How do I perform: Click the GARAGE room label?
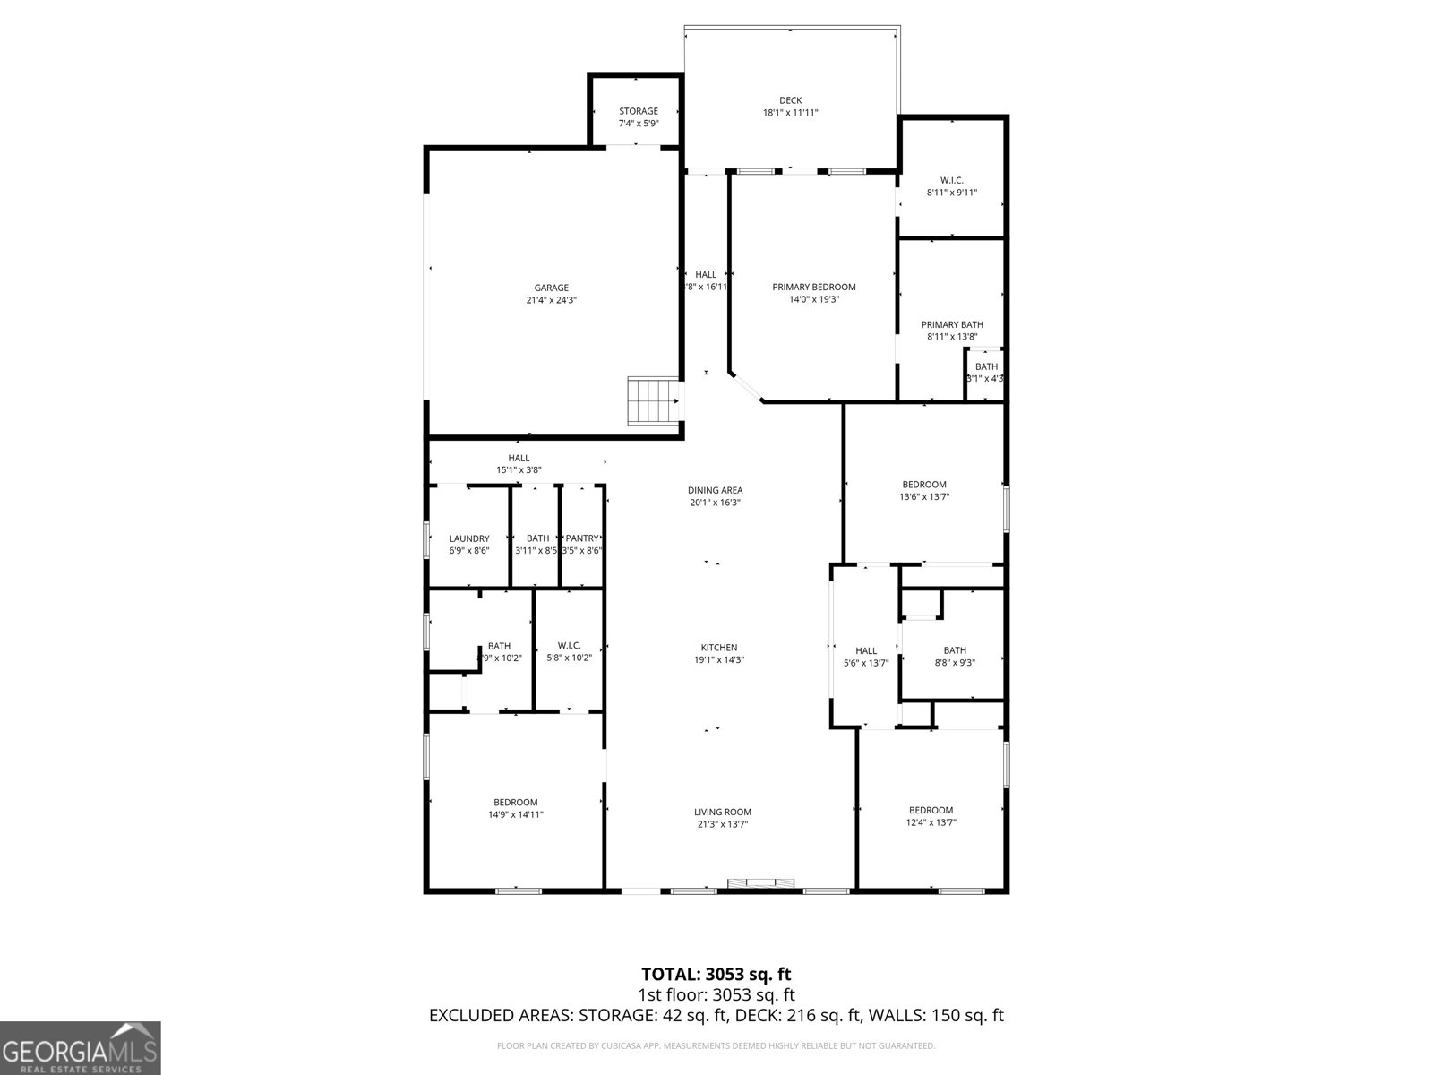pyautogui.click(x=551, y=288)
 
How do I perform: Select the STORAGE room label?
pyautogui.click(x=638, y=111)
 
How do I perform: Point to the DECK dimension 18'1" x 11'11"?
pyautogui.click(x=790, y=113)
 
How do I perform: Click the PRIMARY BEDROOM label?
pyautogui.click(x=813, y=288)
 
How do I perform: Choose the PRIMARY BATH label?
pyautogui.click(x=952, y=325)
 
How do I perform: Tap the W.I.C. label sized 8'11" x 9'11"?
pyautogui.click(x=951, y=180)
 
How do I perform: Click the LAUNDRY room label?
pyautogui.click(x=469, y=538)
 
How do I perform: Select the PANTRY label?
pyautogui.click(x=582, y=538)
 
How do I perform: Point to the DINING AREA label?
pyautogui.click(x=715, y=490)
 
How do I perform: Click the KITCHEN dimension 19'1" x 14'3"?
pyautogui.click(x=719, y=659)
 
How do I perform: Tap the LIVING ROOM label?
pyautogui.click(x=722, y=812)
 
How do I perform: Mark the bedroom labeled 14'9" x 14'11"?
pyautogui.click(x=516, y=808)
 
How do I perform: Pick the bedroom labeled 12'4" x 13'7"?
pyautogui.click(x=931, y=816)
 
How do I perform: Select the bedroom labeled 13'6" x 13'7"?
pyautogui.click(x=923, y=490)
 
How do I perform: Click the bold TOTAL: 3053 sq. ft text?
pyautogui.click(x=716, y=974)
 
